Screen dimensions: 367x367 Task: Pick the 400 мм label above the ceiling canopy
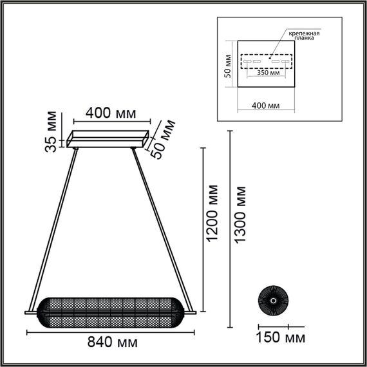(x=111, y=113)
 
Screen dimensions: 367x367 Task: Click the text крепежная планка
(x=305, y=35)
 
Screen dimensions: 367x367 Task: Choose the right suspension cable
(x=156, y=225)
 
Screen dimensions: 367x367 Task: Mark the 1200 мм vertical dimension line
(x=204, y=232)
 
